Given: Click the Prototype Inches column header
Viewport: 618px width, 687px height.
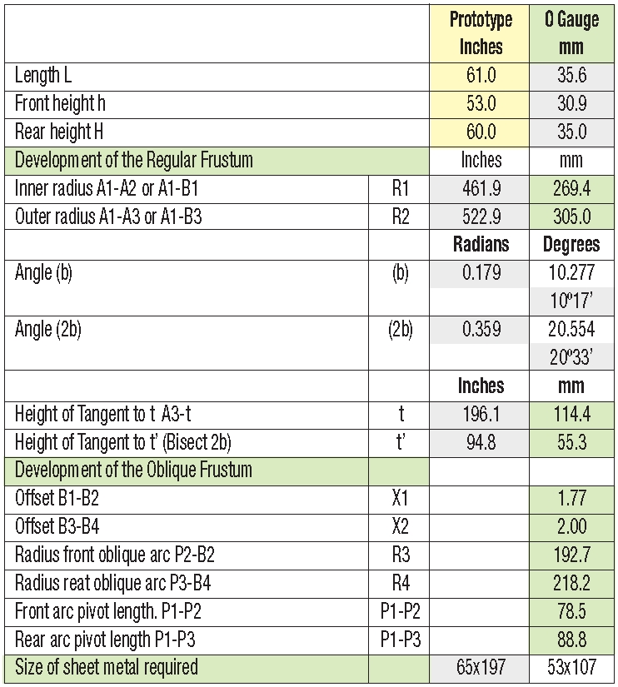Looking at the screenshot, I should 481,32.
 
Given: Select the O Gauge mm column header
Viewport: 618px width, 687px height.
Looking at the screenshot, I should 572,32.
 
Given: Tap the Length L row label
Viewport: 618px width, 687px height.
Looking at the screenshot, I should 43,76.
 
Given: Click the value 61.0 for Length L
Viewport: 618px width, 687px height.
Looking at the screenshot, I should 481,76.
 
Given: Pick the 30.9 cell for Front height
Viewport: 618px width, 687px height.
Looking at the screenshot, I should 572,104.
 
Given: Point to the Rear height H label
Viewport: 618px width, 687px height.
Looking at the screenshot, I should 58,132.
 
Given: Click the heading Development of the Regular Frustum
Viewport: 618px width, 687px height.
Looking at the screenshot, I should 134,160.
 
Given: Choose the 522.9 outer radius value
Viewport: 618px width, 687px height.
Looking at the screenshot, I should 481,217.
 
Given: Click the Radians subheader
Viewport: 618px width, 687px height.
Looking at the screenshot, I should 481,245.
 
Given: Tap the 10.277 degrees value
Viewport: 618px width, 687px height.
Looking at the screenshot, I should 572,273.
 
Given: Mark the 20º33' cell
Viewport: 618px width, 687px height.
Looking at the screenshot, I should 572,357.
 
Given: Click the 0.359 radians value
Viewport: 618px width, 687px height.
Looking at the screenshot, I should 481,330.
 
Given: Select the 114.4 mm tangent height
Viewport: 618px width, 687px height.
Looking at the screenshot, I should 572,414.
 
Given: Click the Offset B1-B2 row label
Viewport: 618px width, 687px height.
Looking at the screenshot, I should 63,499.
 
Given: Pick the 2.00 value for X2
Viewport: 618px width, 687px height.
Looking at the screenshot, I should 572,526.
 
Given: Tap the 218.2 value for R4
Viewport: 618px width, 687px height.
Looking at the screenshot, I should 572,583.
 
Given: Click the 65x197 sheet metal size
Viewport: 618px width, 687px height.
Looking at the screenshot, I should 481,667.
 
